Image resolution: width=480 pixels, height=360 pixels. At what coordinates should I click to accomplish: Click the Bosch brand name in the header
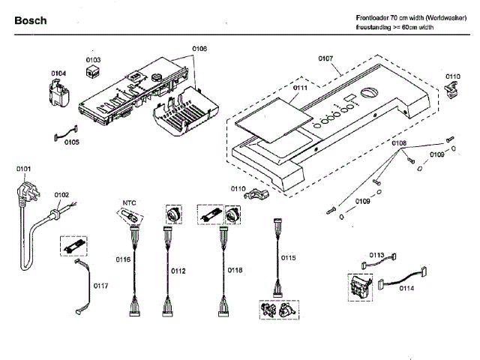31,20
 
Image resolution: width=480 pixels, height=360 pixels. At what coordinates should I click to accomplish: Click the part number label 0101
23,169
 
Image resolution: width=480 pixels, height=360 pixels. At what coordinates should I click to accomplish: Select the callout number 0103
93,59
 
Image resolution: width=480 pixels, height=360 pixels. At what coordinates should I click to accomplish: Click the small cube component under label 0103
94,72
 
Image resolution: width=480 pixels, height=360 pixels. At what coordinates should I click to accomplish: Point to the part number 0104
58,73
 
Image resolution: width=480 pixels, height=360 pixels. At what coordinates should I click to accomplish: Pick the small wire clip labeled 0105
63,136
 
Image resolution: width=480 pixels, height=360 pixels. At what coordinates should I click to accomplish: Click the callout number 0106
199,49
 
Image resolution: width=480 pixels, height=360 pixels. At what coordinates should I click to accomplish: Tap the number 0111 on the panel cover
300,88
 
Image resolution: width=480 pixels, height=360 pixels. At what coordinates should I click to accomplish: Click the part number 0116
123,259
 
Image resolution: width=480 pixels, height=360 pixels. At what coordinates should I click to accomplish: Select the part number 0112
178,270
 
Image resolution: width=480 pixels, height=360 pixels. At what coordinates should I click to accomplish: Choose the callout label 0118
234,270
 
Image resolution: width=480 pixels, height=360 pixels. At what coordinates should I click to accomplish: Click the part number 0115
289,257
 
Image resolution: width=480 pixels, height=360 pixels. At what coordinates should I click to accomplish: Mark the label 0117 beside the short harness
100,286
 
